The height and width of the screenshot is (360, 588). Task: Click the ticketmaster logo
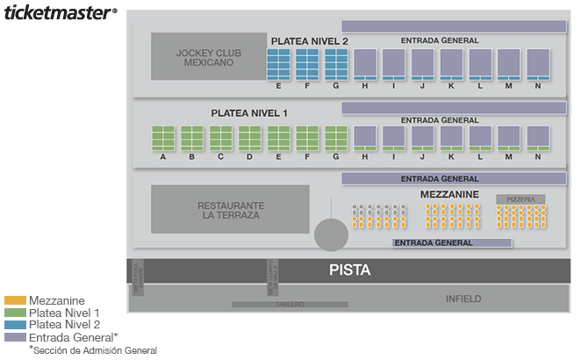tap(60, 13)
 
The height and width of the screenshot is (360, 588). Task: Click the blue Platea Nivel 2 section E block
tap(278, 64)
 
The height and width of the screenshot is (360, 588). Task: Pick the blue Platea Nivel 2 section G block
tap(336, 64)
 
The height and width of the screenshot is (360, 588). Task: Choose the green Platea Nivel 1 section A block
tap(163, 139)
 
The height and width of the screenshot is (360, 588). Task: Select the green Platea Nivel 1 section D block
tap(249, 139)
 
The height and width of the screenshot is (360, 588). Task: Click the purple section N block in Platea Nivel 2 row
tap(538, 64)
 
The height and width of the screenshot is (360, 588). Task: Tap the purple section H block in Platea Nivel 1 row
tap(365, 139)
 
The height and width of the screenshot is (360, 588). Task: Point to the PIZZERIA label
tap(520, 199)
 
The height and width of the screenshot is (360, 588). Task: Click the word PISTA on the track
tap(349, 270)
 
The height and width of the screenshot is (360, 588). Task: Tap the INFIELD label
tap(463, 299)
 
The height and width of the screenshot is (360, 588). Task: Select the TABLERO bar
tap(289, 305)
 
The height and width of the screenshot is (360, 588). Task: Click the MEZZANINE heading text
tap(449, 194)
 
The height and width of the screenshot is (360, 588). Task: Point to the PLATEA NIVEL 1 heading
tap(249, 113)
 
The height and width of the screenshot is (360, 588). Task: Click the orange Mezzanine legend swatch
tap(15, 300)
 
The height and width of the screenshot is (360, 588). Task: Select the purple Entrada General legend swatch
tap(15, 337)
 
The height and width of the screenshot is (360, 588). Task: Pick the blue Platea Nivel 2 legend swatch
tap(15, 325)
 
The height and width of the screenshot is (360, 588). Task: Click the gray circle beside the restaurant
tap(331, 234)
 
